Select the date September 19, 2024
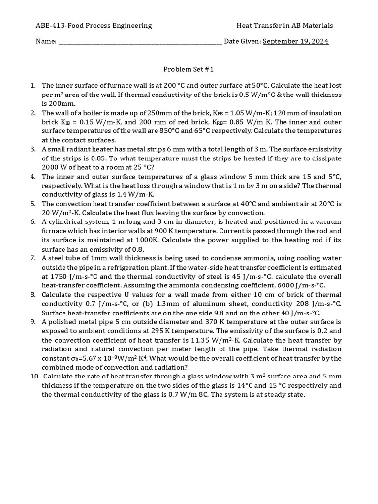pos(296,41)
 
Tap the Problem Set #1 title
pos(189,70)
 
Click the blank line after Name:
pos(140,42)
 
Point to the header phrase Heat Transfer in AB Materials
pos(285,26)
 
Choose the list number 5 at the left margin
pos(33,204)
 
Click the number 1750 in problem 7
pos(58,277)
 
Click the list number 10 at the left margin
pos(33,377)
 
